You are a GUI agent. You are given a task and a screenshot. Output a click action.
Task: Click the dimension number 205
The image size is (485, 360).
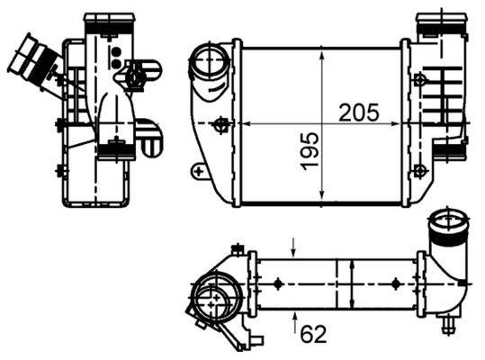pyautogui.click(x=358, y=113)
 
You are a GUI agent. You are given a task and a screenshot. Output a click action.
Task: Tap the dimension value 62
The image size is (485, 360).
pyautogui.click(x=312, y=334)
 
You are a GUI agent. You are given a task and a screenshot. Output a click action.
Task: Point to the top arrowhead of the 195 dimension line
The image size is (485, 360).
pyautogui.click(x=323, y=53)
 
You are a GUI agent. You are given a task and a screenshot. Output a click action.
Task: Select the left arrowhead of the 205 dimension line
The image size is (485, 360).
pyautogui.click(x=245, y=123)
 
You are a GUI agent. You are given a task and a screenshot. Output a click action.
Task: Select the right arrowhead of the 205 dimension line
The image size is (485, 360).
pyautogui.click(x=399, y=123)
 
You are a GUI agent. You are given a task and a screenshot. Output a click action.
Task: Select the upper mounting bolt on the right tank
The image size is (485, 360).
pyautogui.click(x=420, y=79)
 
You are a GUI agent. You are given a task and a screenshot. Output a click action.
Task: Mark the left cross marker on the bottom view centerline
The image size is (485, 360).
pyautogui.click(x=278, y=285)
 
